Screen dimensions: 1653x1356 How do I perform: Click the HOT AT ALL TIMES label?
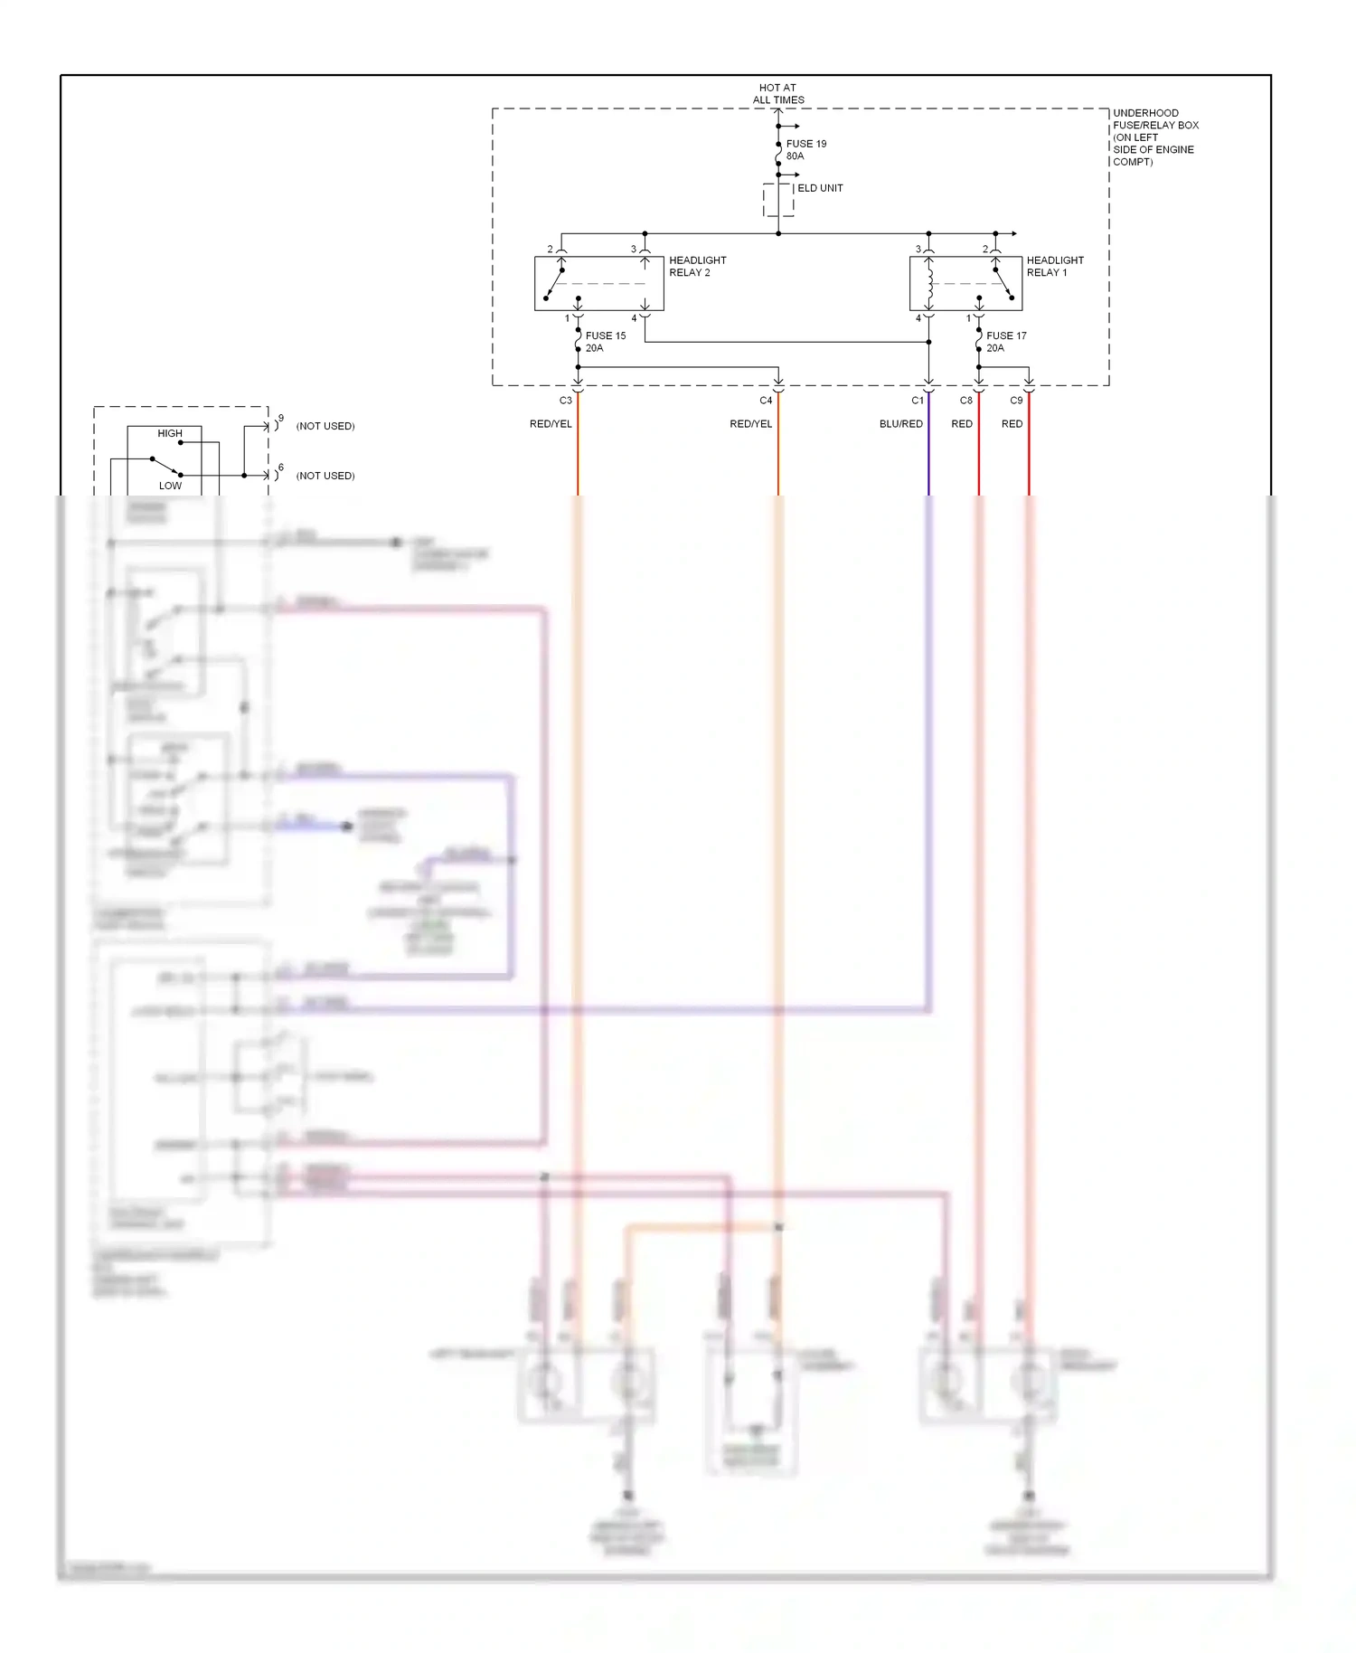pyautogui.click(x=777, y=94)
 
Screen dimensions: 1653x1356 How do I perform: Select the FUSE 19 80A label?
pyautogui.click(x=805, y=149)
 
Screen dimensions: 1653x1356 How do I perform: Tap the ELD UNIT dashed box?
pyautogui.click(x=777, y=200)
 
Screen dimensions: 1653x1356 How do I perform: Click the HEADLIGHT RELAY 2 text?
pyautogui.click(x=697, y=266)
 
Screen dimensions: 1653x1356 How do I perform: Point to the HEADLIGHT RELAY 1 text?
pyautogui.click(x=1054, y=266)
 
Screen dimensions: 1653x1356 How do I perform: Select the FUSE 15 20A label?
pyautogui.click(x=605, y=342)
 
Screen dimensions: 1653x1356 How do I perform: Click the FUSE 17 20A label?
pyautogui.click(x=1005, y=342)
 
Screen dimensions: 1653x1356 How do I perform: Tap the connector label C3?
pyautogui.click(x=565, y=400)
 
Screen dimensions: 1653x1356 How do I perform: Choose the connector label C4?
pyautogui.click(x=766, y=400)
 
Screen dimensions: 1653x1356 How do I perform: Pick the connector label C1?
pyautogui.click(x=918, y=400)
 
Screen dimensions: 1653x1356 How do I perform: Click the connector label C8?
pyautogui.click(x=965, y=400)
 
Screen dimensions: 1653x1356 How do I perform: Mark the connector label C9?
pyautogui.click(x=1016, y=400)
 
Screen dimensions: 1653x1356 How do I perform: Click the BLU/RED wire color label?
pyautogui.click(x=900, y=423)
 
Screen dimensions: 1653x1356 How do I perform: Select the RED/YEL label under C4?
pyautogui.click(x=750, y=423)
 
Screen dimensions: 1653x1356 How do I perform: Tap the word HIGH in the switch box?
pyautogui.click(x=170, y=433)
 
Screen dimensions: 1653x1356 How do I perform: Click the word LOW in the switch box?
pyautogui.click(x=170, y=486)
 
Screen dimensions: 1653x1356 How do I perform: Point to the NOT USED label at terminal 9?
pyautogui.click(x=325, y=426)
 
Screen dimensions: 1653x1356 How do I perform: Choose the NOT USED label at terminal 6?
pyautogui.click(x=325, y=476)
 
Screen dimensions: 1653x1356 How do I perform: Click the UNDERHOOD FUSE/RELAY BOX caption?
pyautogui.click(x=1155, y=137)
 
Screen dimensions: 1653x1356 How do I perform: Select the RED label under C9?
pyautogui.click(x=1012, y=423)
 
